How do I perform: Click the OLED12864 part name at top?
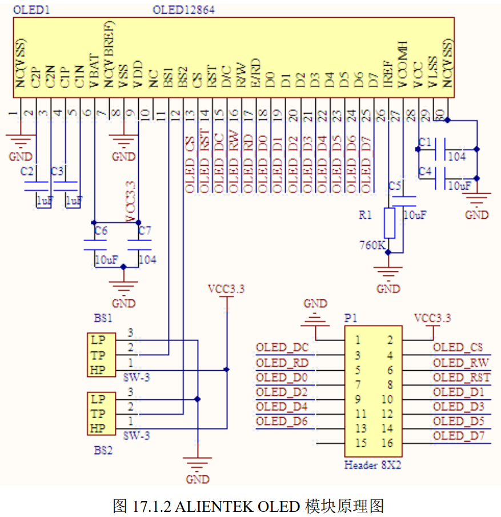point(183,10)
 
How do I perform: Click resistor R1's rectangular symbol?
point(390,223)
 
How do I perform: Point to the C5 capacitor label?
point(395,186)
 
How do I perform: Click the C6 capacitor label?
point(101,231)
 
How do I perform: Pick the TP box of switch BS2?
point(98,414)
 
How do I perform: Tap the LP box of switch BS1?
point(98,340)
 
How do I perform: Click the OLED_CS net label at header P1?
point(458,347)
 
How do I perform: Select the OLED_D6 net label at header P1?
point(282,422)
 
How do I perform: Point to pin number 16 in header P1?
point(387,444)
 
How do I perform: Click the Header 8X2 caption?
point(372,465)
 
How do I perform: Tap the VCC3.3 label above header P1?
point(432,318)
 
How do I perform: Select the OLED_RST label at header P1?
point(460,377)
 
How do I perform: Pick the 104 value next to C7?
point(147,259)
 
